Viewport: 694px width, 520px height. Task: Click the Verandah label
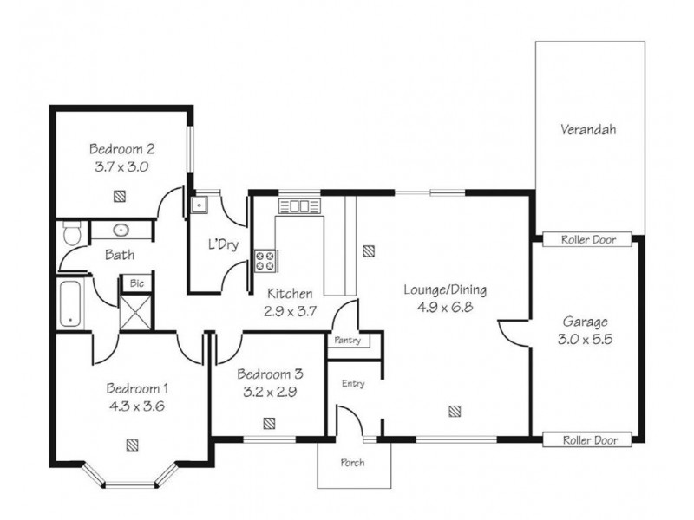(x=588, y=129)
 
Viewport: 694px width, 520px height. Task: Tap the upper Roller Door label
(x=588, y=240)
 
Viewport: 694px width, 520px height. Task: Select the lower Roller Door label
(x=590, y=440)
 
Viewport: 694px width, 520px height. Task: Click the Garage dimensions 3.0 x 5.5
(x=585, y=339)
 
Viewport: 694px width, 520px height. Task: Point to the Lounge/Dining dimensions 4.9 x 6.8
(x=445, y=307)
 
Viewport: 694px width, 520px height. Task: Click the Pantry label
(x=348, y=341)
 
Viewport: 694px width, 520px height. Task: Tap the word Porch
(x=352, y=463)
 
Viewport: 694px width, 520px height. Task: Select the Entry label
(x=353, y=384)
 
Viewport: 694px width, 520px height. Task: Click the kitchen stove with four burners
(x=265, y=261)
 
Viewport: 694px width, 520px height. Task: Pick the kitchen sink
(x=298, y=206)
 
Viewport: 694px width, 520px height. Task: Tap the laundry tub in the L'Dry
(x=200, y=205)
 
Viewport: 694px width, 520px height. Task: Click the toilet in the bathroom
(x=72, y=233)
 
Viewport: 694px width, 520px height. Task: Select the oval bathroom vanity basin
(x=121, y=230)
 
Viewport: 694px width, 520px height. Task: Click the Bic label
(x=137, y=283)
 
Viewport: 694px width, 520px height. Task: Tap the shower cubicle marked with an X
(x=135, y=312)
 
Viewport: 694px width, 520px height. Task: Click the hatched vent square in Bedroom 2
(x=119, y=196)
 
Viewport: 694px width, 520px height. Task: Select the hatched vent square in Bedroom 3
(x=269, y=424)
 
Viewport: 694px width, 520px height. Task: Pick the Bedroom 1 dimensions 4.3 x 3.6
(x=137, y=406)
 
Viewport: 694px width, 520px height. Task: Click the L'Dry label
(x=224, y=244)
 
